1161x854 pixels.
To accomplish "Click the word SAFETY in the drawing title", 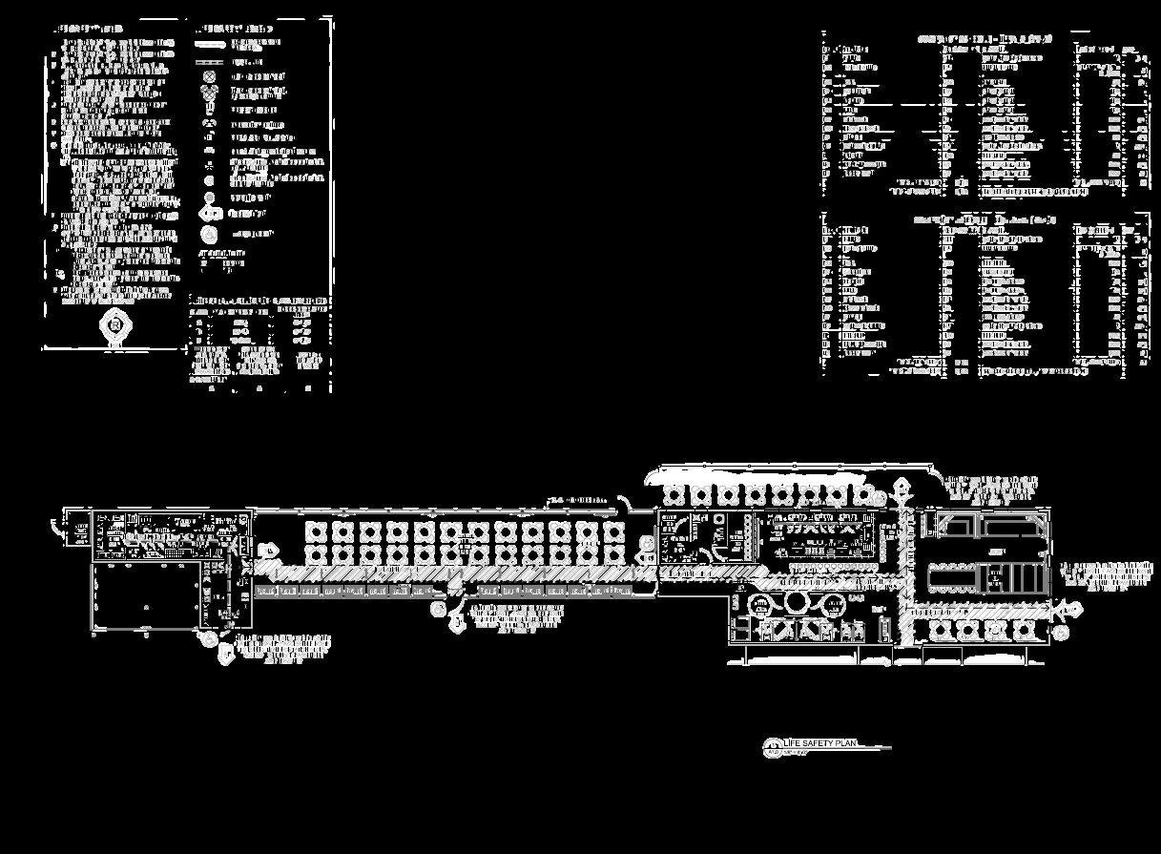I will (818, 743).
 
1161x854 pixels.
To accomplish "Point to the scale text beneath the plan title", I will (797, 753).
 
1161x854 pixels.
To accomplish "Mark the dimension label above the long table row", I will (577, 500).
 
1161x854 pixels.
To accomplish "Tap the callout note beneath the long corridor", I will (515, 617).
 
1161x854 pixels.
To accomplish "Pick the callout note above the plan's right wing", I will (992, 489).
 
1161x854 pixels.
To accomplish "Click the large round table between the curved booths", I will (796, 601).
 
